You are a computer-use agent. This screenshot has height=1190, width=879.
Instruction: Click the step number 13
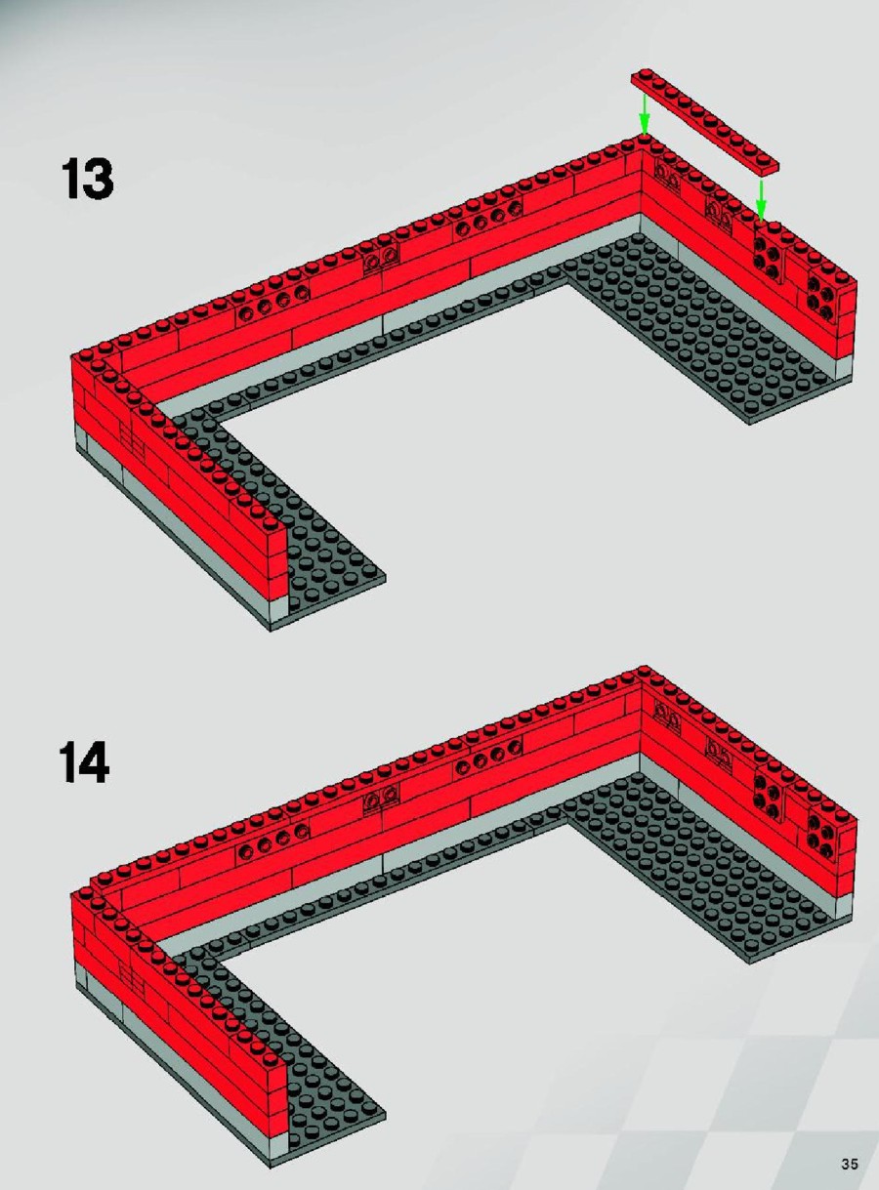click(x=88, y=179)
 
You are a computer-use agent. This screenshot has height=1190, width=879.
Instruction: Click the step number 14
click(x=84, y=761)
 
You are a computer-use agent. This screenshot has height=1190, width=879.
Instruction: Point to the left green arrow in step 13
click(x=645, y=114)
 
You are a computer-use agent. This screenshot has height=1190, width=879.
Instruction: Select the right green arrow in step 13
click(x=760, y=200)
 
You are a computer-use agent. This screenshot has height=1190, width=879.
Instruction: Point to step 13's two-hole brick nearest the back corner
click(x=667, y=177)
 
